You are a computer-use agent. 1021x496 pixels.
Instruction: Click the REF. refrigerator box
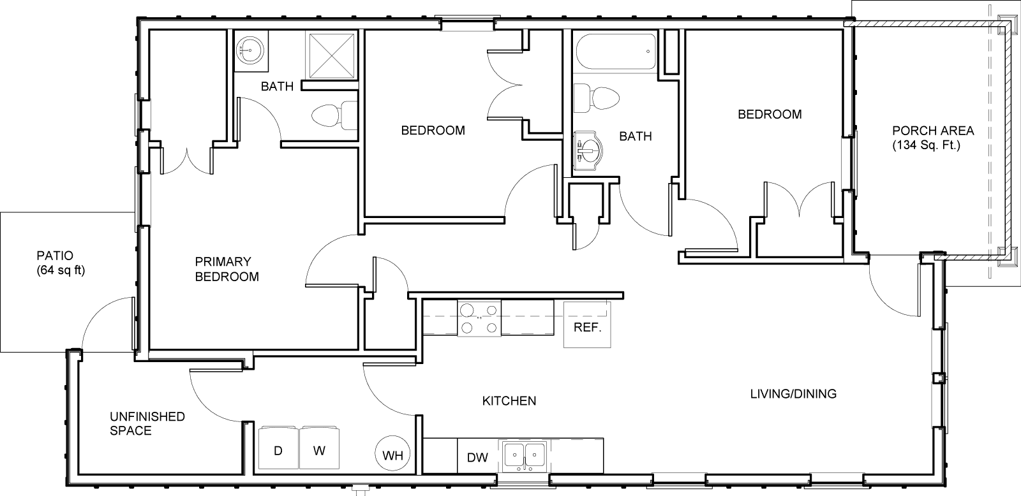click(587, 325)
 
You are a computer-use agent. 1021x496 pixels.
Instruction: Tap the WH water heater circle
click(392, 454)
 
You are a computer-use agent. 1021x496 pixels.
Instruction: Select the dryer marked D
click(278, 448)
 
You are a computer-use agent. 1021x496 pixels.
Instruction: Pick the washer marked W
click(320, 448)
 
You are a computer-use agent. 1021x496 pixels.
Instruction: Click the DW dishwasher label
click(478, 458)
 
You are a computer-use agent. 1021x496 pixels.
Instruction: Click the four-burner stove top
click(479, 318)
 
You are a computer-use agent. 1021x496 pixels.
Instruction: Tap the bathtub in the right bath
click(616, 52)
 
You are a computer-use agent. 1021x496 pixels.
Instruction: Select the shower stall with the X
click(332, 55)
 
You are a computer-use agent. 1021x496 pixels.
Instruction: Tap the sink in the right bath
click(588, 150)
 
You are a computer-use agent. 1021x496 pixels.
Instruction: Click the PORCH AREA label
click(933, 131)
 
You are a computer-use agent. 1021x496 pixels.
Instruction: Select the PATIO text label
click(55, 256)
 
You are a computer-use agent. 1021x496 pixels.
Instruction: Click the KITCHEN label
click(509, 401)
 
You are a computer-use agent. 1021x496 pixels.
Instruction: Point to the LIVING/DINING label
click(794, 393)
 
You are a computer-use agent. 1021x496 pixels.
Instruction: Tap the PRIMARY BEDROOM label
click(227, 269)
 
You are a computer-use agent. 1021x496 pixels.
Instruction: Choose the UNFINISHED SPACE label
click(147, 423)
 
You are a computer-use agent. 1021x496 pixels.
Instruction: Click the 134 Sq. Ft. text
click(926, 146)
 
